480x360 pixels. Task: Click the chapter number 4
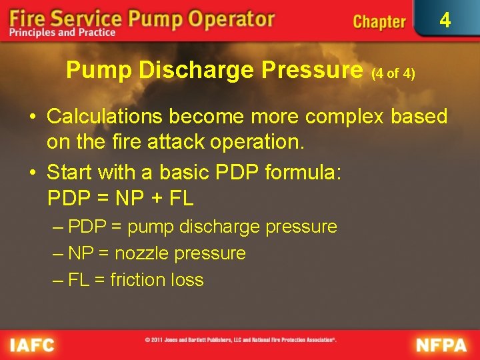445,21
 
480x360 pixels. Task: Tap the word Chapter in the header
379,22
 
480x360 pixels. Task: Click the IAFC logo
32,345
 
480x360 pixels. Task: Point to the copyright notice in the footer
241,340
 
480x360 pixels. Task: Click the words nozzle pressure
180,253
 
